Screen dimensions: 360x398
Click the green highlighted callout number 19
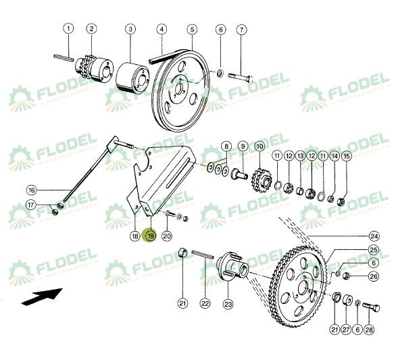[x=150, y=236]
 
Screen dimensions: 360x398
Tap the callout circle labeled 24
[x=374, y=236]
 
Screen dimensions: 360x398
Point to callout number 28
[x=368, y=329]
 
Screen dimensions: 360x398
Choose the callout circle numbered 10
[x=259, y=147]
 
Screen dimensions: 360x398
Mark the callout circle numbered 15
[x=347, y=156]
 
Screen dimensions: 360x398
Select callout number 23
[x=228, y=303]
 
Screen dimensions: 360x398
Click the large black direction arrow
[x=41, y=295]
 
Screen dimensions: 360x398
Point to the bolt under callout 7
[x=241, y=76]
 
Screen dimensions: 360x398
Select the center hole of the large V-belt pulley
[x=180, y=80]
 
